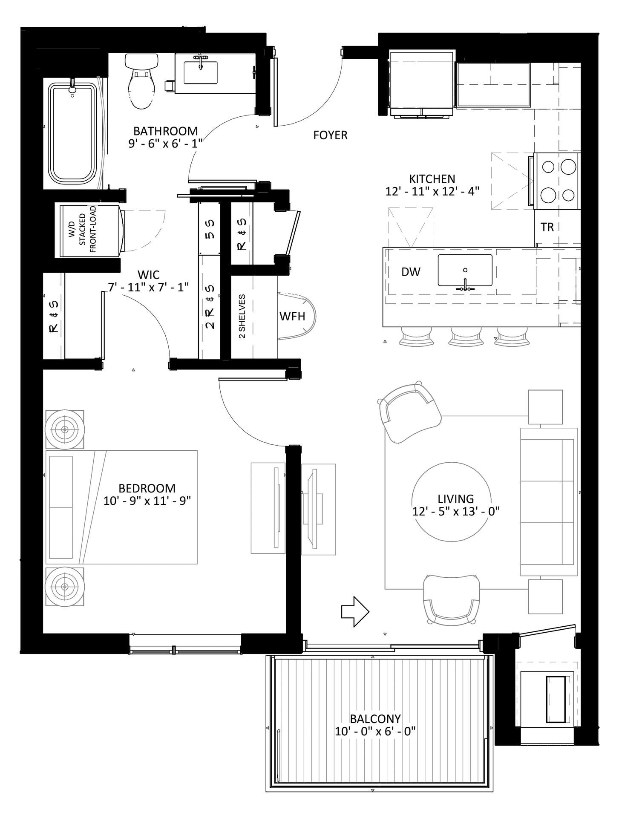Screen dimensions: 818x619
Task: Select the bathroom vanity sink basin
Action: (x=200, y=73)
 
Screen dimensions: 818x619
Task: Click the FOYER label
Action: (x=330, y=135)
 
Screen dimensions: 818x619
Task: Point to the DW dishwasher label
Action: (x=411, y=272)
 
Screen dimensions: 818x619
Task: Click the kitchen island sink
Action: (x=465, y=270)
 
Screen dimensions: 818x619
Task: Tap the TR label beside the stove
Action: (x=547, y=228)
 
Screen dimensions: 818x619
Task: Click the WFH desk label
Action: (x=292, y=316)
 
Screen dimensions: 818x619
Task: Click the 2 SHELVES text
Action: (x=242, y=316)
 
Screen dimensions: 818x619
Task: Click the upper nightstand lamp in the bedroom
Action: (x=65, y=429)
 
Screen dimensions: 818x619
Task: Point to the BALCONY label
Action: (x=375, y=719)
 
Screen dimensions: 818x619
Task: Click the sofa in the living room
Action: (x=547, y=502)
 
